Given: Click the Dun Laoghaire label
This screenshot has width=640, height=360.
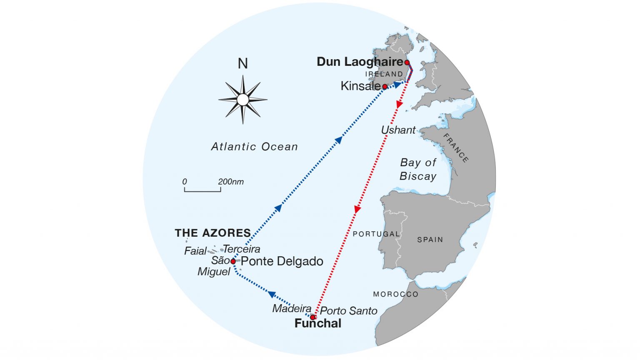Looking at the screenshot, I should [x=360, y=62].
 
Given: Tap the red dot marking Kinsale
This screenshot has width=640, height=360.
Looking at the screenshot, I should [x=385, y=87].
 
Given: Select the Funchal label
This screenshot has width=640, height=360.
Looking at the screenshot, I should [x=317, y=323].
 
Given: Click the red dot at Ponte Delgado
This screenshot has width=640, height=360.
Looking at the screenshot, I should [x=233, y=261].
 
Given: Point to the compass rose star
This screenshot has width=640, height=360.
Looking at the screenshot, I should [x=242, y=100].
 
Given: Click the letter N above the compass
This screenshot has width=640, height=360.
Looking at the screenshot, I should [x=242, y=64].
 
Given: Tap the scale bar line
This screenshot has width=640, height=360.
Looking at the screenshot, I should [x=202, y=191].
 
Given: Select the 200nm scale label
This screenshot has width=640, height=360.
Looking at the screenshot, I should [x=230, y=182].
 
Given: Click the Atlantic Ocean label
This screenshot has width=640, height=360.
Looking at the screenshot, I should [x=254, y=147].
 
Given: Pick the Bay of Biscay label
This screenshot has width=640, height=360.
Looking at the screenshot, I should [x=418, y=169].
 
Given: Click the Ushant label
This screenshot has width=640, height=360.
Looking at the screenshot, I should [x=398, y=130].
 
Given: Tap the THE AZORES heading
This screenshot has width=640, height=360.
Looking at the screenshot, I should [x=212, y=233].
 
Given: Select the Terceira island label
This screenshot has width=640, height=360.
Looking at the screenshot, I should [x=242, y=249].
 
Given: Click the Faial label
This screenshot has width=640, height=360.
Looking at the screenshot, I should [x=195, y=251].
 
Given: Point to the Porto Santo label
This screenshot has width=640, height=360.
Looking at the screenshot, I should [x=348, y=311].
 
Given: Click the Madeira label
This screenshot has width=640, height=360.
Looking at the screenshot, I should [x=292, y=308].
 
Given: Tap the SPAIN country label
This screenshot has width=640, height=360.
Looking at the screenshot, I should [x=430, y=240].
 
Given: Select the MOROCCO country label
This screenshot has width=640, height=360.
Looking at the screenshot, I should [x=395, y=294].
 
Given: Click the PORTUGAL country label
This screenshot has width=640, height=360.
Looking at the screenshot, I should [x=376, y=234].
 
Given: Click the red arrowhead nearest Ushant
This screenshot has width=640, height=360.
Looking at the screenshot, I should [x=399, y=105].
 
